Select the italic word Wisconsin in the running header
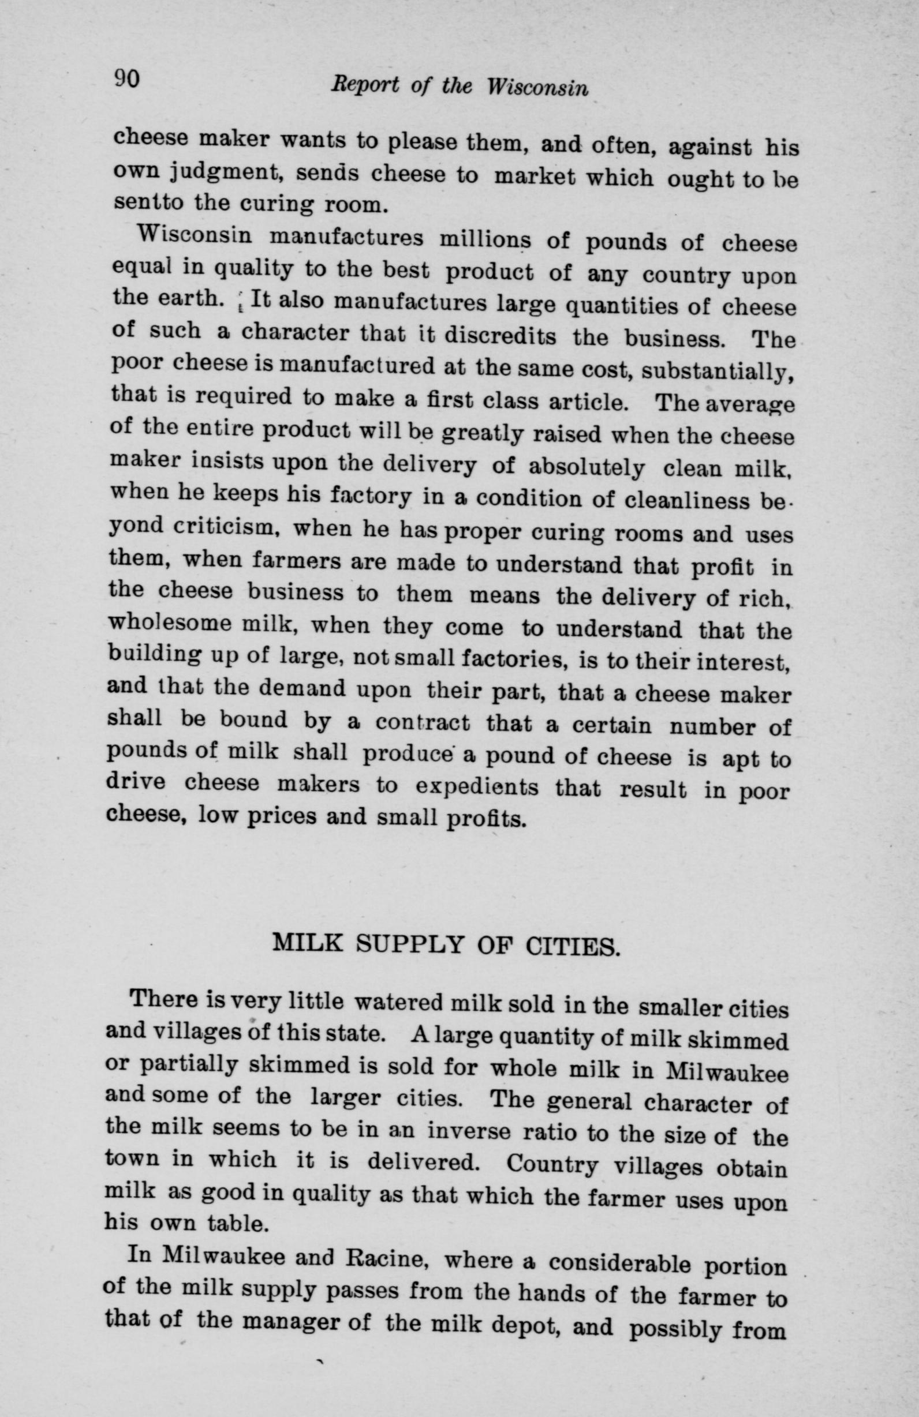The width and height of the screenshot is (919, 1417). pyautogui.click(x=537, y=89)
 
